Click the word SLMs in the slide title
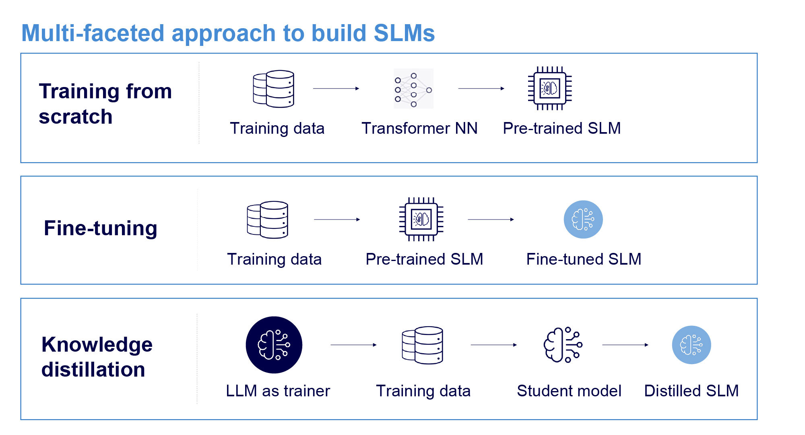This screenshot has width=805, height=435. tap(404, 33)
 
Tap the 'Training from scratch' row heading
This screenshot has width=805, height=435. tap(105, 104)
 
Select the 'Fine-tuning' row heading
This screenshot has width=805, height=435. tap(100, 228)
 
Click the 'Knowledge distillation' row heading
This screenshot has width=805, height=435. tap(97, 357)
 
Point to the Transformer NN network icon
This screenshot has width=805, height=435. tap(413, 89)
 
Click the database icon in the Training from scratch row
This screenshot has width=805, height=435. tap(274, 89)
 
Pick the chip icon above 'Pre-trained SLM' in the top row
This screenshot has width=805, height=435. tap(550, 88)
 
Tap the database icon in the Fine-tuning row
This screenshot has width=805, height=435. tap(268, 220)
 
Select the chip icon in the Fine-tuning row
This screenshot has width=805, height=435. tap(421, 220)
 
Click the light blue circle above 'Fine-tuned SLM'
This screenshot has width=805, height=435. tap(583, 220)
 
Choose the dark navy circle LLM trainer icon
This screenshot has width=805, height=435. tap(274, 345)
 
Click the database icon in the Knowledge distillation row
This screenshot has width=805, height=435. tap(423, 345)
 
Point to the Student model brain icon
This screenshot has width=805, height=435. tap(563, 345)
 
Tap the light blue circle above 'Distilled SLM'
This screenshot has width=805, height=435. tap(691, 345)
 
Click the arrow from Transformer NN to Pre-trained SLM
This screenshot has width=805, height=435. tap(481, 88)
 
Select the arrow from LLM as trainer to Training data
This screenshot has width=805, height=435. tap(353, 345)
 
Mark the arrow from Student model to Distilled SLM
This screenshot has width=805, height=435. tap(625, 345)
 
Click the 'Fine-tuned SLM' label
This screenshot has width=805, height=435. tap(584, 259)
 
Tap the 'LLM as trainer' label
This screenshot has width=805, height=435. tap(278, 391)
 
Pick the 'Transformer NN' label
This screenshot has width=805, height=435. tap(419, 128)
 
